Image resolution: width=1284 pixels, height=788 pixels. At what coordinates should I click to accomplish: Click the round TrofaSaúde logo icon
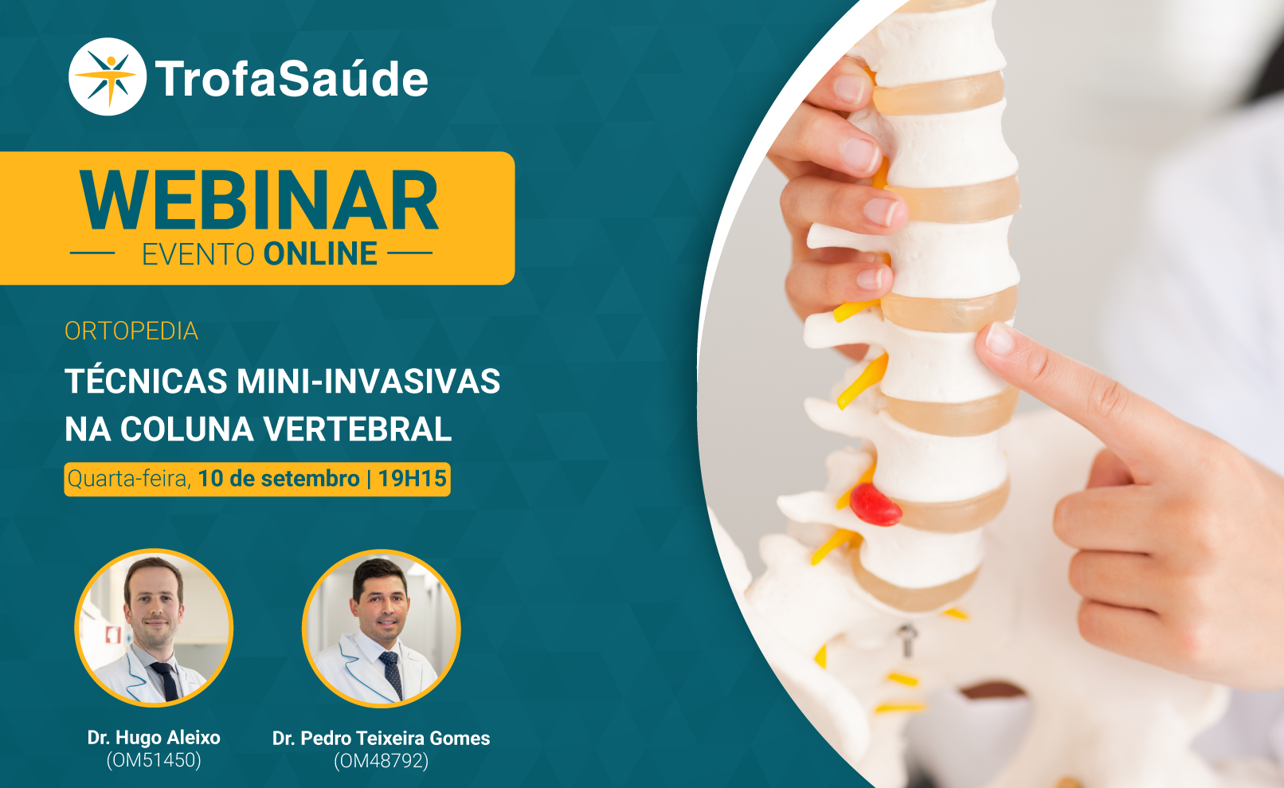(x=108, y=76)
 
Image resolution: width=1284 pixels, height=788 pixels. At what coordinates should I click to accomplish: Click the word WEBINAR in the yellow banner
(x=259, y=201)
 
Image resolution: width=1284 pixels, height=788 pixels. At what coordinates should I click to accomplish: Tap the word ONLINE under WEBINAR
(x=320, y=254)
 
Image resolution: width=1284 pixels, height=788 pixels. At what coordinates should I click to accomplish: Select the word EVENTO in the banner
(x=198, y=254)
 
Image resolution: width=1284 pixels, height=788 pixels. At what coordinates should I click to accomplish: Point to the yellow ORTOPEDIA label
(x=131, y=331)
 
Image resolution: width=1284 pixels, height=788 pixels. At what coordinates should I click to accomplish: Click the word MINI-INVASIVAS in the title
(x=369, y=382)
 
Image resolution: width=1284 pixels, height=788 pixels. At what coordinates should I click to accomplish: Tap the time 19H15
(x=412, y=479)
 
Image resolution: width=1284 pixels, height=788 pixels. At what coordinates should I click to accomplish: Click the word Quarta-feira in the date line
(x=129, y=479)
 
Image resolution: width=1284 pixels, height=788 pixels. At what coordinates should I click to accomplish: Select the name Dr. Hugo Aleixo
(x=154, y=738)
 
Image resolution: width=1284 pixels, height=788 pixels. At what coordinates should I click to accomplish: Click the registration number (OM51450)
(x=154, y=760)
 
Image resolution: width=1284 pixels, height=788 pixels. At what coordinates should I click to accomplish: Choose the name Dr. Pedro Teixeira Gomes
(x=382, y=738)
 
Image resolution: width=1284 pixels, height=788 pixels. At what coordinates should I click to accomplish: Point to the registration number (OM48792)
(x=382, y=761)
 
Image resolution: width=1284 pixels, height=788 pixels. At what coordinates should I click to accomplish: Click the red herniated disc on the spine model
(x=875, y=505)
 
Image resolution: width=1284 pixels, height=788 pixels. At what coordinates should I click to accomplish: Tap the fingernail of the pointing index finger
(x=1000, y=339)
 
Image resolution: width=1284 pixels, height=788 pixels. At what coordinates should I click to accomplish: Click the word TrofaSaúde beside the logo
(x=292, y=79)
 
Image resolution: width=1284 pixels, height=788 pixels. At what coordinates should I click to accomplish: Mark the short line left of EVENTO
(x=92, y=253)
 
